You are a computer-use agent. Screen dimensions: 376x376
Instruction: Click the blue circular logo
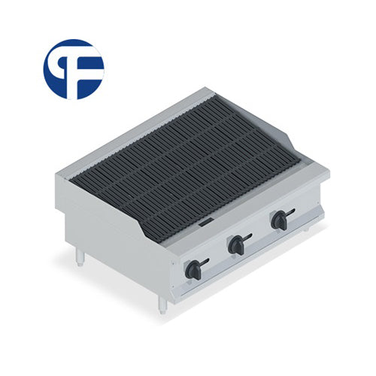[73, 69]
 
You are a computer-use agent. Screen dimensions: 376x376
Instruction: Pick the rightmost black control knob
[280, 220]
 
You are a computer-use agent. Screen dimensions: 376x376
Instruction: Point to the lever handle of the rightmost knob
[290, 214]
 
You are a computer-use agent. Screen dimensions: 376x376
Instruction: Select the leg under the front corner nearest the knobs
[162, 304]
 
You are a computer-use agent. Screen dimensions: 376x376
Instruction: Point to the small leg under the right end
[307, 227]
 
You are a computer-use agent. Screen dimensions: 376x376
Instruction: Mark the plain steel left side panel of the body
[113, 241]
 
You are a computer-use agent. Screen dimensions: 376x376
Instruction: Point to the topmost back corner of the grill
[213, 90]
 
